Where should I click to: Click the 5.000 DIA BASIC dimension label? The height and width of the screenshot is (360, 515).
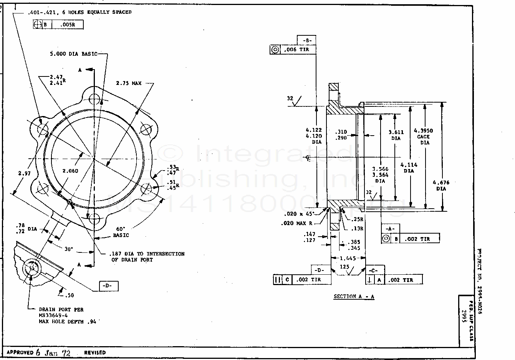[x=73, y=54]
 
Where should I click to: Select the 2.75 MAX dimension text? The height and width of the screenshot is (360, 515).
[x=129, y=83]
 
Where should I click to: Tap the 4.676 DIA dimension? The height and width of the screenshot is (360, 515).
[x=441, y=186]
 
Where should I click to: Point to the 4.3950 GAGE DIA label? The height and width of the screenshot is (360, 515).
[x=423, y=136]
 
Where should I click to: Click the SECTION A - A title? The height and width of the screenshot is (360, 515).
[x=354, y=296]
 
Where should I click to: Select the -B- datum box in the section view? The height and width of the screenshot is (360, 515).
[x=306, y=40]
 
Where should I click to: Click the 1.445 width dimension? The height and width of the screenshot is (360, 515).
[x=348, y=258]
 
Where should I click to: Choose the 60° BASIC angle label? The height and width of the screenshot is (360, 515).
[x=121, y=232]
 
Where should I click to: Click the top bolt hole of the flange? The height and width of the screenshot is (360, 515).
[x=94, y=100]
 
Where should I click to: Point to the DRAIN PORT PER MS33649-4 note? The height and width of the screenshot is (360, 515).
[x=61, y=315]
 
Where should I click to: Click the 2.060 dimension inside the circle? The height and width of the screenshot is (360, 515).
[x=70, y=171]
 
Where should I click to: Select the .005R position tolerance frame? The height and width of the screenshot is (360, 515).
[x=58, y=25]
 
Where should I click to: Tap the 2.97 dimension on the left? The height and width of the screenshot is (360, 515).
[x=24, y=174]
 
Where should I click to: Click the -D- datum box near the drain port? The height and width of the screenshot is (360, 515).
[x=108, y=286]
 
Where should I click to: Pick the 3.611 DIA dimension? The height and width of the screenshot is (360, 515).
[x=396, y=135]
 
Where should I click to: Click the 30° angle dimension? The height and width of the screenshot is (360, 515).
[x=68, y=249]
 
